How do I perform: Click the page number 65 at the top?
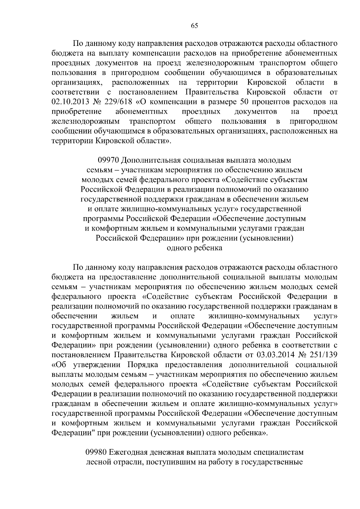tap(194, 26)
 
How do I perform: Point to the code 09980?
tap(95, 452)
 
